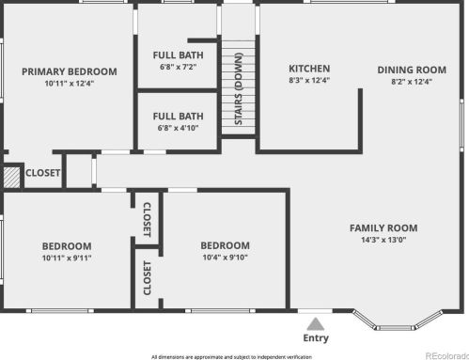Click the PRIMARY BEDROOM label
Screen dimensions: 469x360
click(70, 71)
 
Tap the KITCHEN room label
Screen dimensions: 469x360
click(309, 69)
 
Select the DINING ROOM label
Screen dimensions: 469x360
click(412, 70)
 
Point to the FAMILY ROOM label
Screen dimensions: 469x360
click(383, 228)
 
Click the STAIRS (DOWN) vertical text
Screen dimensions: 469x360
click(239, 89)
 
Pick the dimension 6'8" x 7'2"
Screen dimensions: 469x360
click(178, 67)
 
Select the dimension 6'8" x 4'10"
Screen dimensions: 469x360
click(178, 128)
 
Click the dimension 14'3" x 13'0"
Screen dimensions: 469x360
click(383, 240)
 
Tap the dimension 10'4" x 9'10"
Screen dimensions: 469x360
click(225, 258)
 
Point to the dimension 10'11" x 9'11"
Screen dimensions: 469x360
click(67, 258)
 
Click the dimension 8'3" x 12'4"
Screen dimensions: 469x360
click(309, 80)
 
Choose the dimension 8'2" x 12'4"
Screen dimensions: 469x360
click(412, 82)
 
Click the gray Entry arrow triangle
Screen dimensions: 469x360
click(316, 324)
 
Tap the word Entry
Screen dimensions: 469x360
click(316, 338)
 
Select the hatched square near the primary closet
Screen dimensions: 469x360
click(11, 178)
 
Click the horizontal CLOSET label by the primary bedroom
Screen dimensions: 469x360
click(42, 173)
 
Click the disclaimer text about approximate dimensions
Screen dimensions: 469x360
click(231, 357)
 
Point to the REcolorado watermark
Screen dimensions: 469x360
click(447, 356)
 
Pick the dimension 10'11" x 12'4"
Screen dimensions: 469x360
click(70, 84)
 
